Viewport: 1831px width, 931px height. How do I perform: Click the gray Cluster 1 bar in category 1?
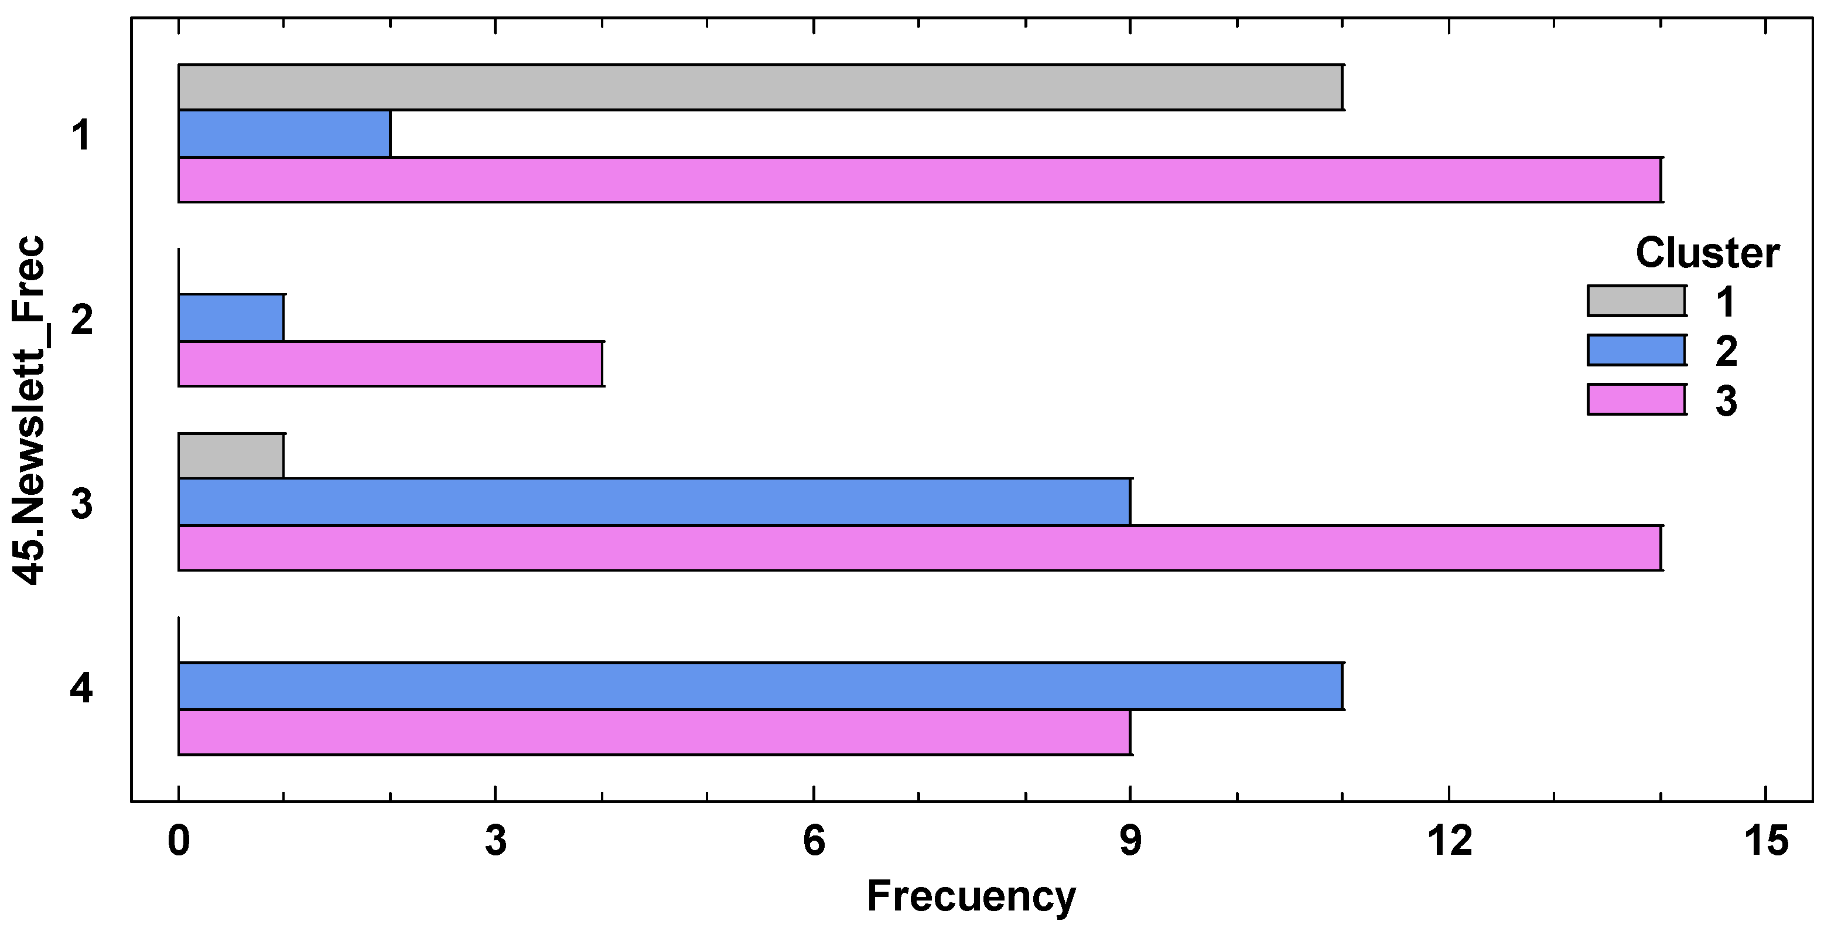click(x=760, y=87)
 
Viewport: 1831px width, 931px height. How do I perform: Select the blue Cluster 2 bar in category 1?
click(x=284, y=134)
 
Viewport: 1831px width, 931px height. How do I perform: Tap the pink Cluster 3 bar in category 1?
click(x=920, y=180)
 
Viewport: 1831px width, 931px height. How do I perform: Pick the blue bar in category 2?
click(x=231, y=318)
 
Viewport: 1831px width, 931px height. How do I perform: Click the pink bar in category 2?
click(x=390, y=364)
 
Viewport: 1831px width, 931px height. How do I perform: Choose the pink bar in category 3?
click(x=920, y=548)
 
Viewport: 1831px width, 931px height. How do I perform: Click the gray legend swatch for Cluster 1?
click(x=1636, y=301)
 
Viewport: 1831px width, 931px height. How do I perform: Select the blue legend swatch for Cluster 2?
click(x=1636, y=350)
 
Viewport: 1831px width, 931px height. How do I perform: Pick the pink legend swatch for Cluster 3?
click(x=1636, y=400)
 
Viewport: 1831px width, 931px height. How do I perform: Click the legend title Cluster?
click(x=1707, y=253)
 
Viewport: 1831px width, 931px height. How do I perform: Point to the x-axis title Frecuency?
click(x=971, y=897)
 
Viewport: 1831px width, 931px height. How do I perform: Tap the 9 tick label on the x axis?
click(x=1130, y=841)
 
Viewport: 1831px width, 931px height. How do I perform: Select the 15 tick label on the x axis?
click(x=1767, y=841)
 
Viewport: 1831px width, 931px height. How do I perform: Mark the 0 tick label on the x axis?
click(x=179, y=841)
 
